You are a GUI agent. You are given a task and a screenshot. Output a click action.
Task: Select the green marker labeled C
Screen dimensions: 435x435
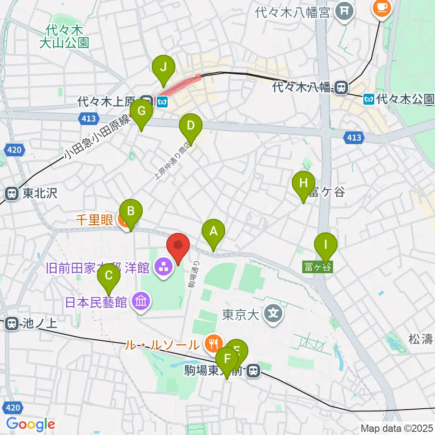point(109,275)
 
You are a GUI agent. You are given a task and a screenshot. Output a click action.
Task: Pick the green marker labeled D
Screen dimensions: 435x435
point(191,126)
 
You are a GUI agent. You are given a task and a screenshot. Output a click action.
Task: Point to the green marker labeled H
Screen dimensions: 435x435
point(304,184)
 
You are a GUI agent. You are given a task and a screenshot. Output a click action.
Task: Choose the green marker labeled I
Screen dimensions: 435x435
point(325,246)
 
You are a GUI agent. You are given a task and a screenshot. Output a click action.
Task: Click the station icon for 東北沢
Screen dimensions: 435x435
point(12,194)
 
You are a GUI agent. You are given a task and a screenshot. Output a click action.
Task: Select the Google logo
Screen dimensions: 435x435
point(30,424)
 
